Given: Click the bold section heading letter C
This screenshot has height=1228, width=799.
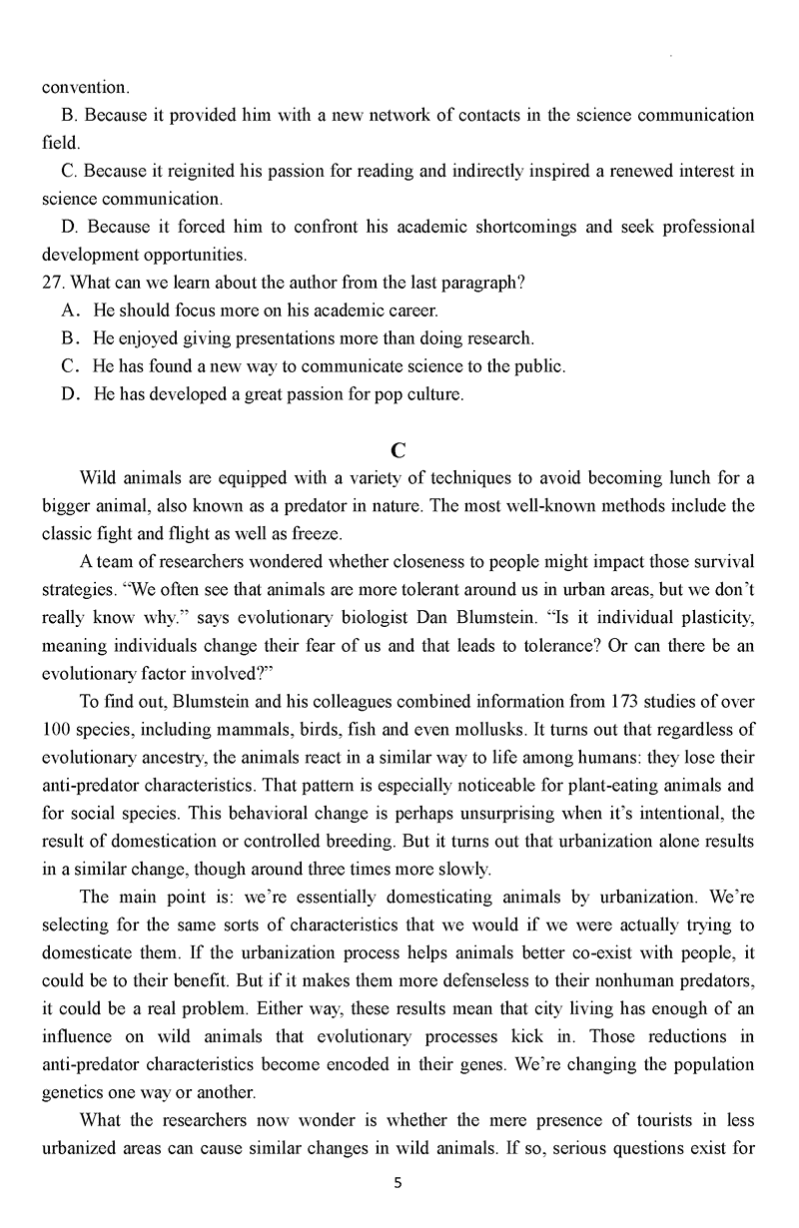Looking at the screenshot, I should point(399,449).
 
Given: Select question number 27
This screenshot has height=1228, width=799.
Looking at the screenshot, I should point(54,283).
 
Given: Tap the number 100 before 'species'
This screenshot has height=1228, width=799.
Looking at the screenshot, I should point(59,729).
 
